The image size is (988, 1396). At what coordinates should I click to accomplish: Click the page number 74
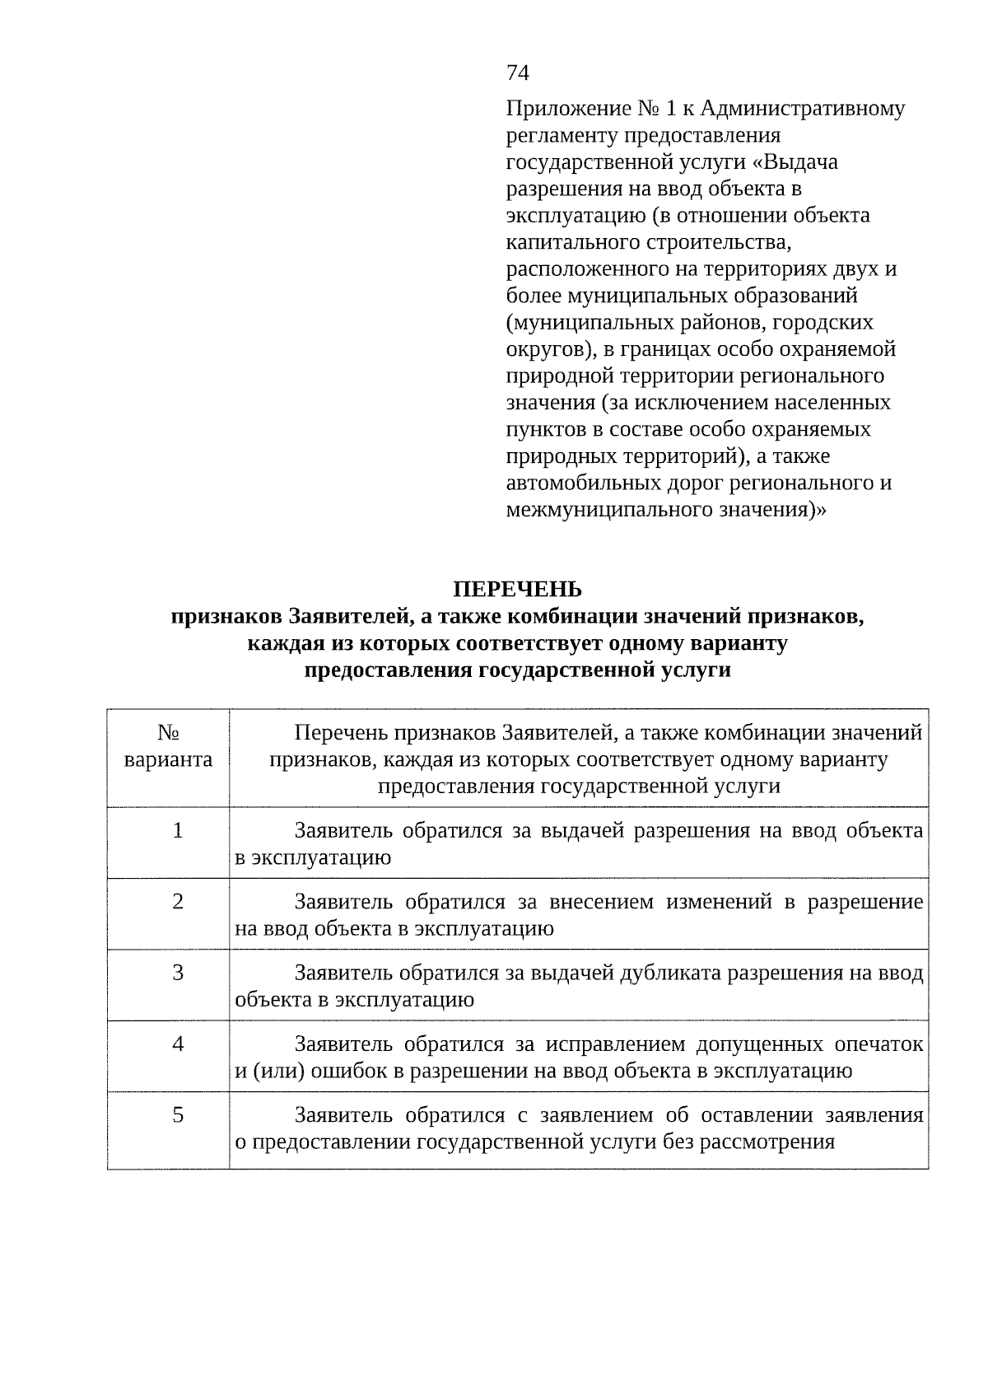tap(518, 73)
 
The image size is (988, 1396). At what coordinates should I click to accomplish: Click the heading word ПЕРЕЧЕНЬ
tap(518, 590)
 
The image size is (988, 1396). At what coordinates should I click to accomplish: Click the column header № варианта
tap(168, 746)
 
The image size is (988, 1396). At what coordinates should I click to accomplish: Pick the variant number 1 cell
tap(178, 830)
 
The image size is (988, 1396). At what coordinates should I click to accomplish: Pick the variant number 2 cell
tap(178, 902)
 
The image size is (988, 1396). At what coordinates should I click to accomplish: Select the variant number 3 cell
tap(178, 973)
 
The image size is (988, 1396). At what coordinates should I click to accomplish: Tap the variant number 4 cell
tap(178, 1044)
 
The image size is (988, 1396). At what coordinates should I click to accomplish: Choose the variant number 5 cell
tap(178, 1115)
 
